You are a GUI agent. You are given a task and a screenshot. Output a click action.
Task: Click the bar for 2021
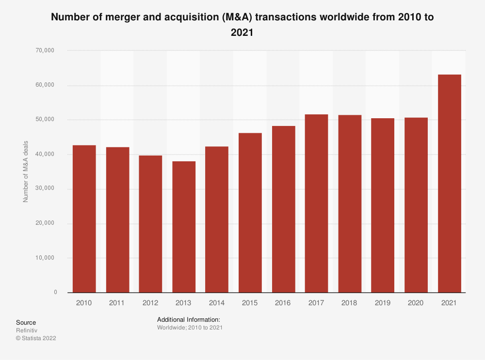[449, 184]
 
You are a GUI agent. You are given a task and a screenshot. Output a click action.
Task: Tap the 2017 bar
[316, 203]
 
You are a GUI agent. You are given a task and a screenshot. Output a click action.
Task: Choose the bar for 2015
[250, 213]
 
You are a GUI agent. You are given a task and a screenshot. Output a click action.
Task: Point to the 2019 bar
[383, 205]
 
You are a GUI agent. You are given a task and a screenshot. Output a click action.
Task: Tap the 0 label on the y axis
[55, 292]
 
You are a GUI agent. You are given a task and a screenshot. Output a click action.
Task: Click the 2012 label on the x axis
[150, 303]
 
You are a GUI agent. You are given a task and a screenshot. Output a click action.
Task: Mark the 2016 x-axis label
[283, 303]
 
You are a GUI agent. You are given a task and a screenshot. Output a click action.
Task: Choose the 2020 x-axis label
[416, 303]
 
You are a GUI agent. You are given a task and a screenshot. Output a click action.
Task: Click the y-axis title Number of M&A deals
[26, 172]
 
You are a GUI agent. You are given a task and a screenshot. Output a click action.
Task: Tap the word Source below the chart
[26, 322]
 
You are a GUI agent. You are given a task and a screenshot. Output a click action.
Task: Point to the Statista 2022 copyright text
[36, 338]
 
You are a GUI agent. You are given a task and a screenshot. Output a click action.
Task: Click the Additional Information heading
[189, 320]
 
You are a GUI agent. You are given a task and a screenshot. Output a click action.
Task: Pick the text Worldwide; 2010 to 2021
[190, 328]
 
